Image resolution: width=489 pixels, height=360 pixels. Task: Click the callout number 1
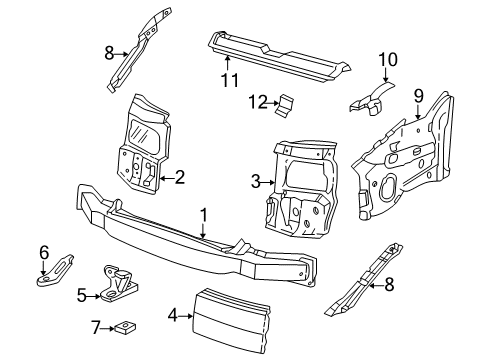click(204, 215)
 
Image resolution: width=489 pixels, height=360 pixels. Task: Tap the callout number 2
click(180, 177)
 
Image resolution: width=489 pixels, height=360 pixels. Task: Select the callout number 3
click(256, 182)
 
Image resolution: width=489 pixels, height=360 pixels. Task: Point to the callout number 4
click(173, 315)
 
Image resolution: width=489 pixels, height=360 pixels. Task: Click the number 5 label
click(82, 295)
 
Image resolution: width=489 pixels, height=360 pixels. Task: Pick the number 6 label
click(44, 253)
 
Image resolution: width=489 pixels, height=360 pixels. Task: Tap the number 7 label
click(96, 328)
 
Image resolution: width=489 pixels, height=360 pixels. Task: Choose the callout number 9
click(419, 96)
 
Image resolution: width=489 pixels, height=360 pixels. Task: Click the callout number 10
click(388, 60)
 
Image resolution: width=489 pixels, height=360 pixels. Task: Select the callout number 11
click(230, 80)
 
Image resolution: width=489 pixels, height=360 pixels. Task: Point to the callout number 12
click(258, 102)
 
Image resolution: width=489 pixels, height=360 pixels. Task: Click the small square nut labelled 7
click(126, 327)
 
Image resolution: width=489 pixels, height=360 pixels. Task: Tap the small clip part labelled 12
click(284, 105)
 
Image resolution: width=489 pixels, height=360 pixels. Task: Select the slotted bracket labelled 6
click(54, 270)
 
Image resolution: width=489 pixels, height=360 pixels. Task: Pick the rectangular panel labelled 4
click(231, 320)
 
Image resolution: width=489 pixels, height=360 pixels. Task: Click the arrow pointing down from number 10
click(386, 75)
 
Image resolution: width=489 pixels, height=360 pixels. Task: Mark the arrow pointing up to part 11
click(227, 64)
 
